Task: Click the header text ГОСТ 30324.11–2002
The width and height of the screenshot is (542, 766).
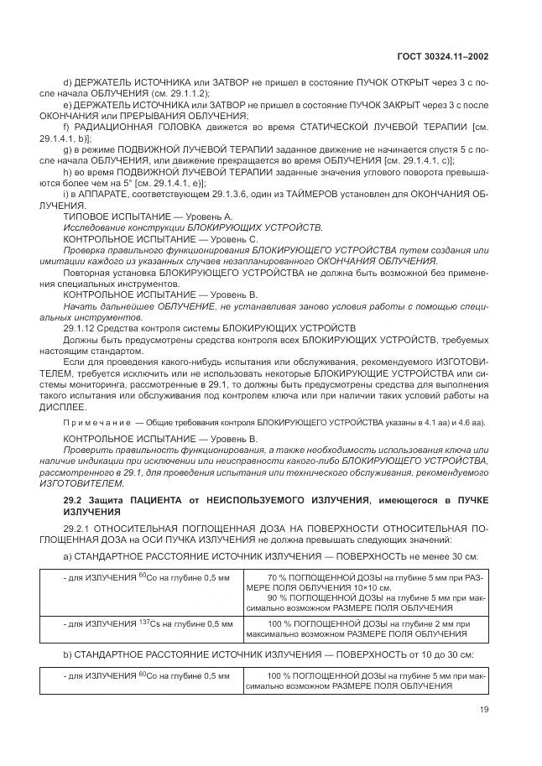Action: [x=444, y=56]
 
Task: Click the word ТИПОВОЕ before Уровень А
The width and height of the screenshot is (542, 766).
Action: [x=85, y=216]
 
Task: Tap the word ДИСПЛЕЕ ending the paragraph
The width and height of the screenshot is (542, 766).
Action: [x=61, y=405]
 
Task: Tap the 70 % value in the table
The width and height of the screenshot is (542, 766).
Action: [x=279, y=577]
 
